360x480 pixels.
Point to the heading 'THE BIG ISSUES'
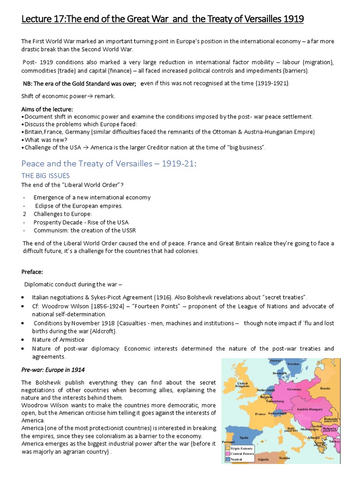(x=45, y=175)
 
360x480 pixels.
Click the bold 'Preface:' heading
(x=32, y=271)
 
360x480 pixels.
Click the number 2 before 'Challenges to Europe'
(x=23, y=214)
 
